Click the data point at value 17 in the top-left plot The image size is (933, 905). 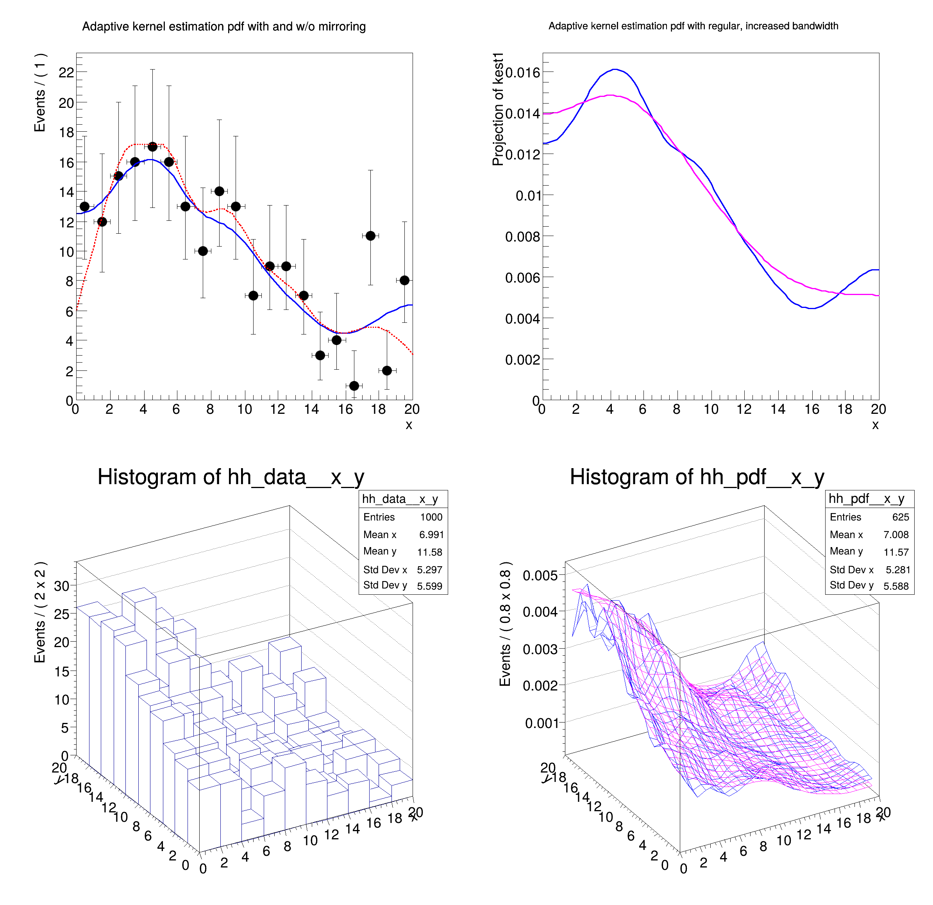152,147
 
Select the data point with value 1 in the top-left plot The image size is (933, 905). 354,386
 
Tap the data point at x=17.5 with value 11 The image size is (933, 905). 370,236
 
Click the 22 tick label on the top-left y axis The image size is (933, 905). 66,73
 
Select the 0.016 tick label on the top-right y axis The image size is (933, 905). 523,73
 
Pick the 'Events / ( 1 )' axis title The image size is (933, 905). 40,93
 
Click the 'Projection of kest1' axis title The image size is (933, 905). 498,109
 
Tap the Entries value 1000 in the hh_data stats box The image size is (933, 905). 431,517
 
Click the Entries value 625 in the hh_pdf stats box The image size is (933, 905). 900,517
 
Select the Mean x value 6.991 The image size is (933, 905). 431,535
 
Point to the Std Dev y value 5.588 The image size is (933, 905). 896,586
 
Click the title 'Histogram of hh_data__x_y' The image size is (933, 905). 231,477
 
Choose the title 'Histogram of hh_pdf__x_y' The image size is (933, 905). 697,477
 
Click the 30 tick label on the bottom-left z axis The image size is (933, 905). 62,586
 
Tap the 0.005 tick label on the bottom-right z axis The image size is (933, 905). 540,576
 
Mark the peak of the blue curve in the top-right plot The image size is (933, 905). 615,70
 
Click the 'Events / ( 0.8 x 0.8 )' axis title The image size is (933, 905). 505,624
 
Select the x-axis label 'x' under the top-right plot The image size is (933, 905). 875,425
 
